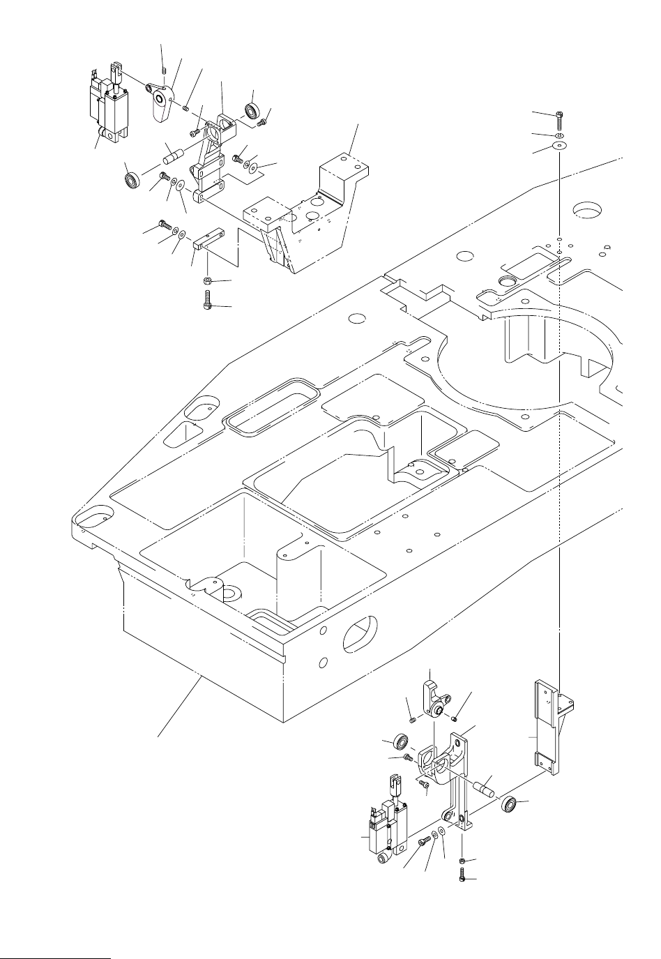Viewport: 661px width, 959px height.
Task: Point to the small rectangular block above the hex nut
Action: [208, 241]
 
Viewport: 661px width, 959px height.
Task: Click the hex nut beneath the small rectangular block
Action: [208, 280]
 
